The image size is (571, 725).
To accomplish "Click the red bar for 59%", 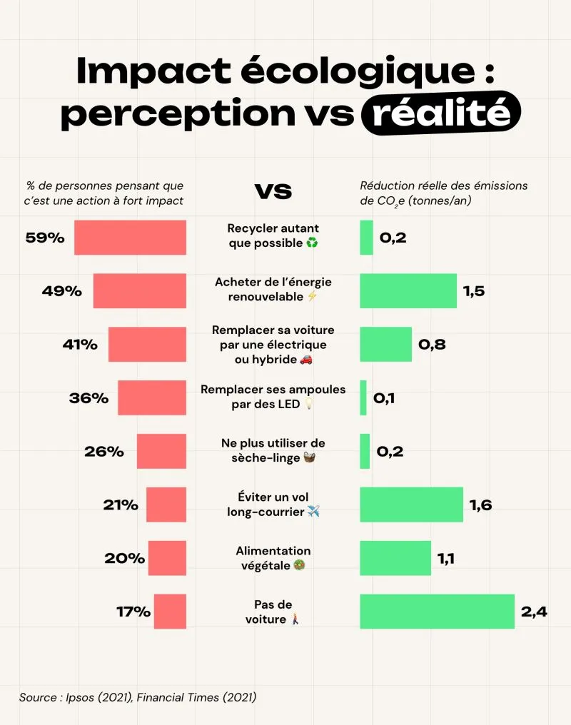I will coord(130,238).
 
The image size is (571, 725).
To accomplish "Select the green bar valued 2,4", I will coord(437,612).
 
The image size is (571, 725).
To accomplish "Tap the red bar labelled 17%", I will coord(170,612).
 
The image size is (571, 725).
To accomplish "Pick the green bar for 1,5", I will coord(408,290).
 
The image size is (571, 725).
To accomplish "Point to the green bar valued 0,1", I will coord(363,397).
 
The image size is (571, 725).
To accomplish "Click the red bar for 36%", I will coord(151,397).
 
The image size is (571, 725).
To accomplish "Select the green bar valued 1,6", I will coord(411,505).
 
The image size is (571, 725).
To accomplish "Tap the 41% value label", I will coord(80,345).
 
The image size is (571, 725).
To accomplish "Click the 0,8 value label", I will coord(432,345).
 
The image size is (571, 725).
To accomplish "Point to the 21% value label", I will coord(120,505).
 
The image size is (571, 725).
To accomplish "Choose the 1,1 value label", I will coord(447,559).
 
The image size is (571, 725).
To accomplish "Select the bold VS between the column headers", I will coord(273,191).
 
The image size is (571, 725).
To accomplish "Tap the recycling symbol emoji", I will coord(312,243).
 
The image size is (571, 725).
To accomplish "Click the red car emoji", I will coord(305,360).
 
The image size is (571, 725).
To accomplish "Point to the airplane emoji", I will coord(313,512).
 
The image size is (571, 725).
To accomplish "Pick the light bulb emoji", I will coord(309,405).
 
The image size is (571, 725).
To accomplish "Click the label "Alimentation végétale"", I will coord(273,558).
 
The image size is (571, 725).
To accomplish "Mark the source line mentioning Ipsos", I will coord(138,697).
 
